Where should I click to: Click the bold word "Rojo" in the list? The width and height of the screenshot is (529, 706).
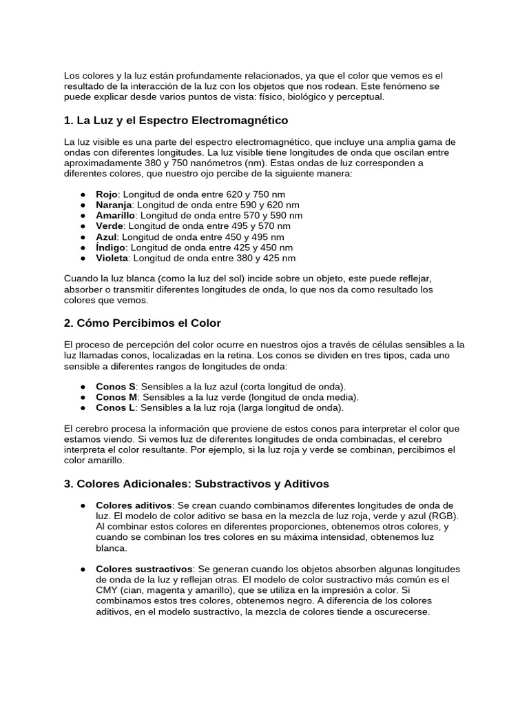pos(107,195)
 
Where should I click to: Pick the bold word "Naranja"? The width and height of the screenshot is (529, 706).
pos(114,205)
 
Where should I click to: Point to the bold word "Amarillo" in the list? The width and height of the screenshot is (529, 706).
pos(115,216)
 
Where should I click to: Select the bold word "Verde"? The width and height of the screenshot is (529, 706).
pos(110,226)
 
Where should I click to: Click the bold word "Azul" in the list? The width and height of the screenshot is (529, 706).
pos(107,236)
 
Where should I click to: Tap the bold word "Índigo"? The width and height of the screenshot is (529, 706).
pos(110,248)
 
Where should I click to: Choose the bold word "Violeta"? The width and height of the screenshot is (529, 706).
pos(112,258)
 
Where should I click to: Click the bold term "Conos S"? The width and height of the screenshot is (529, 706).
pos(116,387)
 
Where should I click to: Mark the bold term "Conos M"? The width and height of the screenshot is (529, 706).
pos(117,397)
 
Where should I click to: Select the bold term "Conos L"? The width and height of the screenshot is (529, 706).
pos(116,407)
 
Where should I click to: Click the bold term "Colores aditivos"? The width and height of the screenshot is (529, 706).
pos(133,505)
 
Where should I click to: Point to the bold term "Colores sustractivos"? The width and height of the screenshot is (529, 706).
pos(144,569)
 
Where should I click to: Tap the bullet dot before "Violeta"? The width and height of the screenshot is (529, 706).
pos(83,259)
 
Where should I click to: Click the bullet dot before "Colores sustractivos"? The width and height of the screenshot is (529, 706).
pos(83,569)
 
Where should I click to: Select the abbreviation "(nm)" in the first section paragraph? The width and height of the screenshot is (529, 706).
pos(258,163)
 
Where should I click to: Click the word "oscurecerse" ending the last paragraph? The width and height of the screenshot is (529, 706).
pos(402,612)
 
